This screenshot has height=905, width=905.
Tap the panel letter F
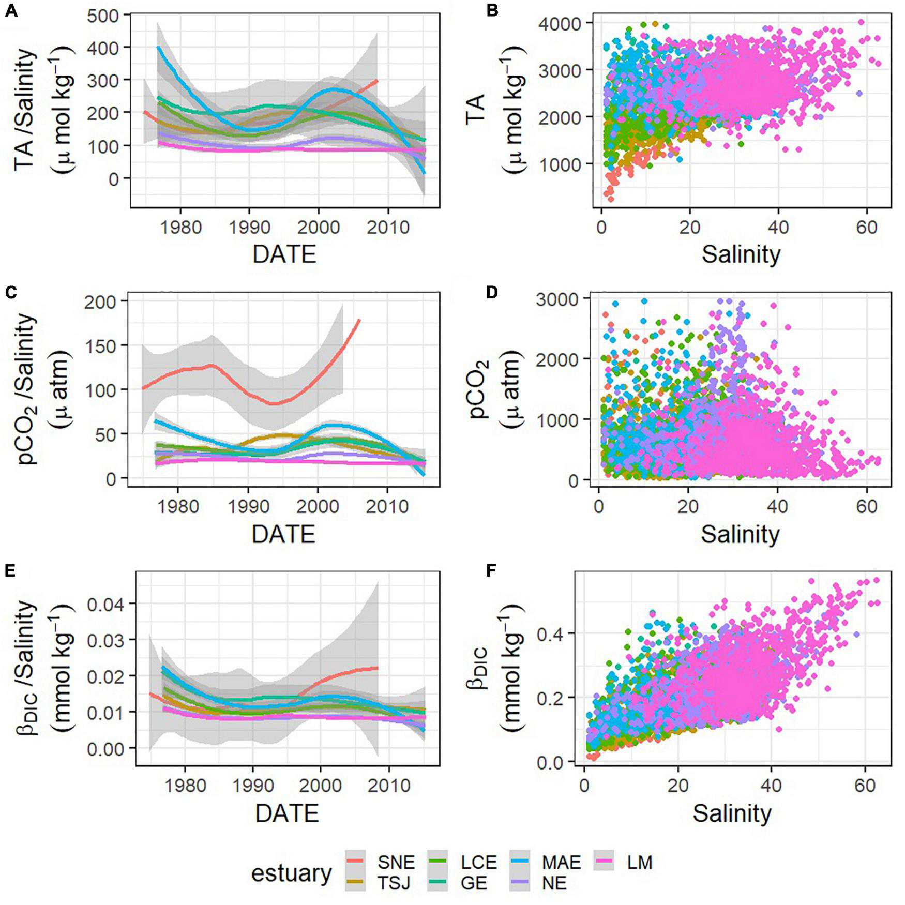pyautogui.click(x=492, y=570)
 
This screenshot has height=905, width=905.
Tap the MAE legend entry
pyautogui.click(x=561, y=862)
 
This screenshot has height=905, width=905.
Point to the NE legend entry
pyautogui.click(x=554, y=883)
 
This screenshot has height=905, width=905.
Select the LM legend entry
pyautogui.click(x=639, y=862)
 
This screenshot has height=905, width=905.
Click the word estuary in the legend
pyautogui.click(x=291, y=873)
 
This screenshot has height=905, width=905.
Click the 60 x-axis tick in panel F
pyautogui.click(x=864, y=786)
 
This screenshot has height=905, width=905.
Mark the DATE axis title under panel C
pyautogui.click(x=283, y=534)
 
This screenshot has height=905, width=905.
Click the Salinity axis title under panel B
pyautogui.click(x=741, y=255)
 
